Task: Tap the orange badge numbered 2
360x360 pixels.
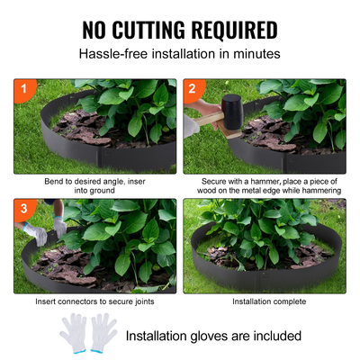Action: tap(191, 88)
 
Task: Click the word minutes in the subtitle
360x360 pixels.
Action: tap(255, 54)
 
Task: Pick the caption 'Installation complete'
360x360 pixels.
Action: tap(265, 301)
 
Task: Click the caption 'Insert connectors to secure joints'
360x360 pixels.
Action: tap(94, 301)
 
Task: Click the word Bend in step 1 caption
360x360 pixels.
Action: tap(54, 181)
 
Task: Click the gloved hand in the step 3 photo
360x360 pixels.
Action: tap(37, 231)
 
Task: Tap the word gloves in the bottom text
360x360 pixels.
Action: tap(205, 336)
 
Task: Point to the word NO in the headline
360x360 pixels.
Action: tap(97, 30)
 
